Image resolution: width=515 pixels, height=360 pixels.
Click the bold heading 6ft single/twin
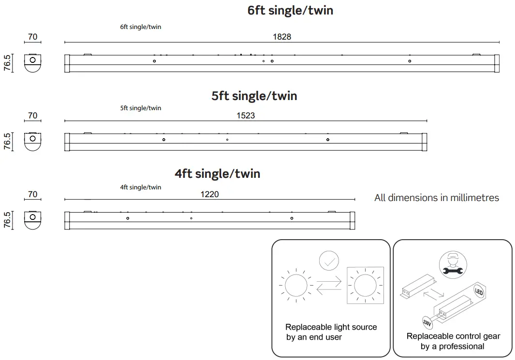[290, 10]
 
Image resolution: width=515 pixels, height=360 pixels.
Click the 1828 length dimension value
[282, 37]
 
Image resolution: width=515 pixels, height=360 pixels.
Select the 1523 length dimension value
[246, 116]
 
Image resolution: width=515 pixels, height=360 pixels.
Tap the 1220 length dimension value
[209, 195]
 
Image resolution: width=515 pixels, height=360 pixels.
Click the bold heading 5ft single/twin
[254, 96]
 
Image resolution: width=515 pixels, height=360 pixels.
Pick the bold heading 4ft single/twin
[218, 173]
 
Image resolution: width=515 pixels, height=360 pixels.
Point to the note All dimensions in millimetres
[436, 198]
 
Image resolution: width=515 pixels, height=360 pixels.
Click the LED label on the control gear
[479, 292]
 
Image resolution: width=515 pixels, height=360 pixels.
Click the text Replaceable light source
[331, 327]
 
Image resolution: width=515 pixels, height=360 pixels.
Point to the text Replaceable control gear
[453, 336]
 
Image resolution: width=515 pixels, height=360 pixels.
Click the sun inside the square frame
[365, 286]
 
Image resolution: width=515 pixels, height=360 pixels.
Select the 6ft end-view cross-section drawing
[32, 63]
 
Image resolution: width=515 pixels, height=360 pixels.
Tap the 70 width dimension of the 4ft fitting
[32, 195]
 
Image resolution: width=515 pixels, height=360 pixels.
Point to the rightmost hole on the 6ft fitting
[410, 61]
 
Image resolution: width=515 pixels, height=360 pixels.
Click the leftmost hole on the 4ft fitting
[128, 218]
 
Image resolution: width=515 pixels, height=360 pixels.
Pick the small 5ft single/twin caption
[141, 108]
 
